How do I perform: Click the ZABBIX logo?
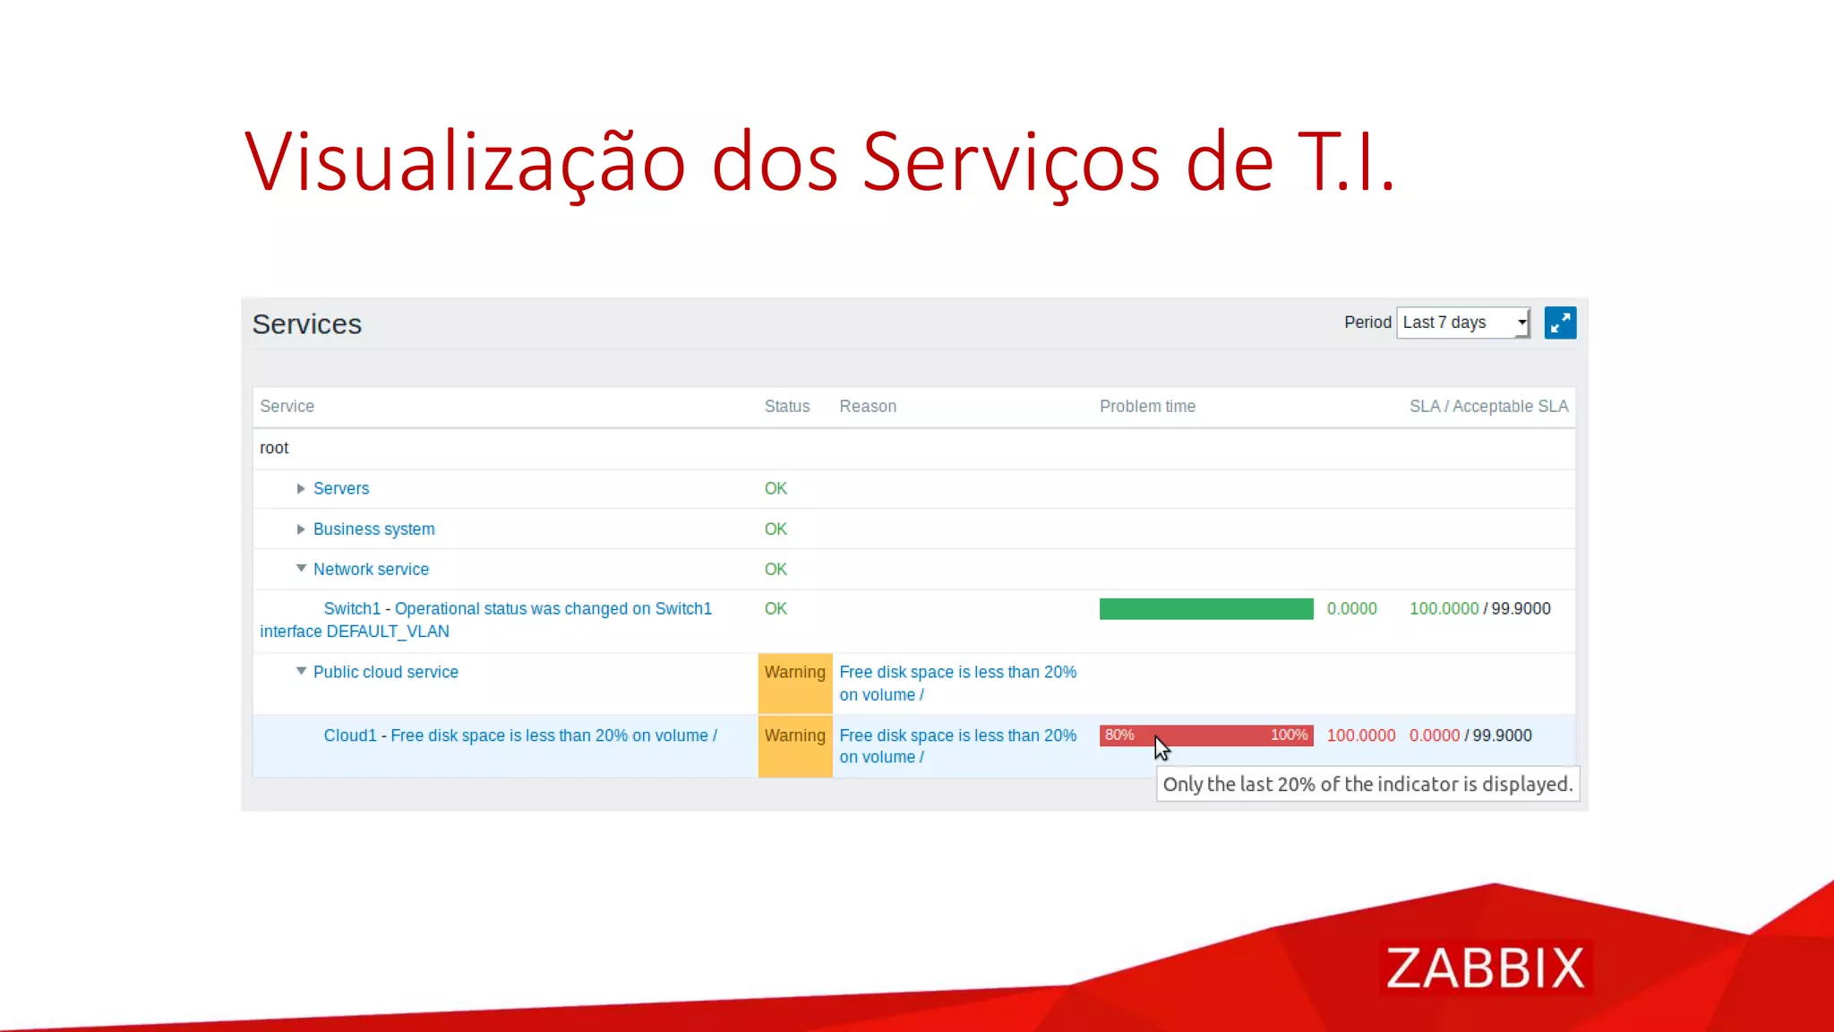1485,967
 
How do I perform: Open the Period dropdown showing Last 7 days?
1462,322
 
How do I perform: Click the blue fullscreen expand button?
1560,322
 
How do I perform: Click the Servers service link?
340,488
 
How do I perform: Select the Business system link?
373,529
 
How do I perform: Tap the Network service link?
371,569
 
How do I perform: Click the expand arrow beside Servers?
301,488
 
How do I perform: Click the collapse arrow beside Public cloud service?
301,671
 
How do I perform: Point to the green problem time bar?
1205,609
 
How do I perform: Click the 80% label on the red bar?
1118,735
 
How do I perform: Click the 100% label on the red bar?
1289,735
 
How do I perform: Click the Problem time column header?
1147,406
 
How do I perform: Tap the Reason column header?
867,406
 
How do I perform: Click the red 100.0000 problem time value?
1360,735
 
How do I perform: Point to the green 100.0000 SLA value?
1444,608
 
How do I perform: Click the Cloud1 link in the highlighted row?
349,735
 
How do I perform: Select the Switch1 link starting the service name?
351,608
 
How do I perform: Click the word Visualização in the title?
465,162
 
